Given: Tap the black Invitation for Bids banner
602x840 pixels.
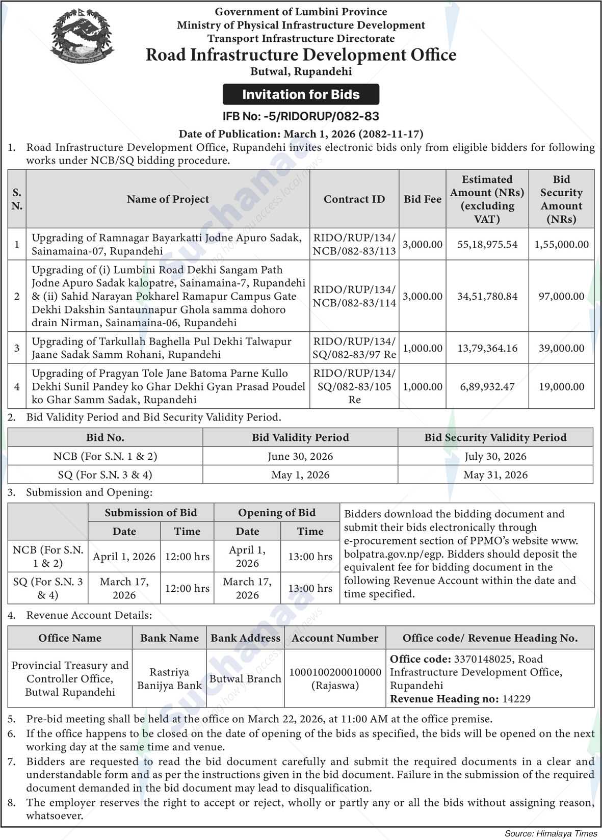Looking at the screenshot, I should coord(301,94).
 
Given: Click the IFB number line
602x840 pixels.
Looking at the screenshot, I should coord(301,116).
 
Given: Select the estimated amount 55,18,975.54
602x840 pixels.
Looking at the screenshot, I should coord(487,245).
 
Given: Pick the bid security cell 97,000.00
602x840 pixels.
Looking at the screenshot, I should coord(561,296).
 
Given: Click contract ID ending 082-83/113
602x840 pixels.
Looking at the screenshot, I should coord(354,244).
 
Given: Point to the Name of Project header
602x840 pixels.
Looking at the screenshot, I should coord(168,199).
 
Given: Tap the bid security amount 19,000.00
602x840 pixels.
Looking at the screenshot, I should coord(561,386).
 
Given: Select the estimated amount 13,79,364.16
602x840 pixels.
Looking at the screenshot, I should coord(487,348).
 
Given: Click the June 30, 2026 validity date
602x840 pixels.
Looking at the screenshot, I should coord(300,456).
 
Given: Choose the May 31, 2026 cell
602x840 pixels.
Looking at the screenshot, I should coord(495,475).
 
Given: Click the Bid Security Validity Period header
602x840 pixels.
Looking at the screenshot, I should coord(495,437).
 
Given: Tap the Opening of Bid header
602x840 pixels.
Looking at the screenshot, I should coord(277,513).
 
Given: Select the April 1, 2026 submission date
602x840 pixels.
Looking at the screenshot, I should coord(124,557).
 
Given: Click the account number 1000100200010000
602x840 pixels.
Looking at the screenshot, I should coord(335,672).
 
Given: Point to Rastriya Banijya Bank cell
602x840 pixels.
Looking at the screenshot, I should coord(169,679).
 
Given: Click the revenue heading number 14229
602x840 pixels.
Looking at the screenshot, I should coord(516,699).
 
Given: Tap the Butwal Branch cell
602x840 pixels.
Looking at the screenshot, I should coord(245,679).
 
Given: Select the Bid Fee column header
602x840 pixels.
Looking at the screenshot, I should coord(422,199).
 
